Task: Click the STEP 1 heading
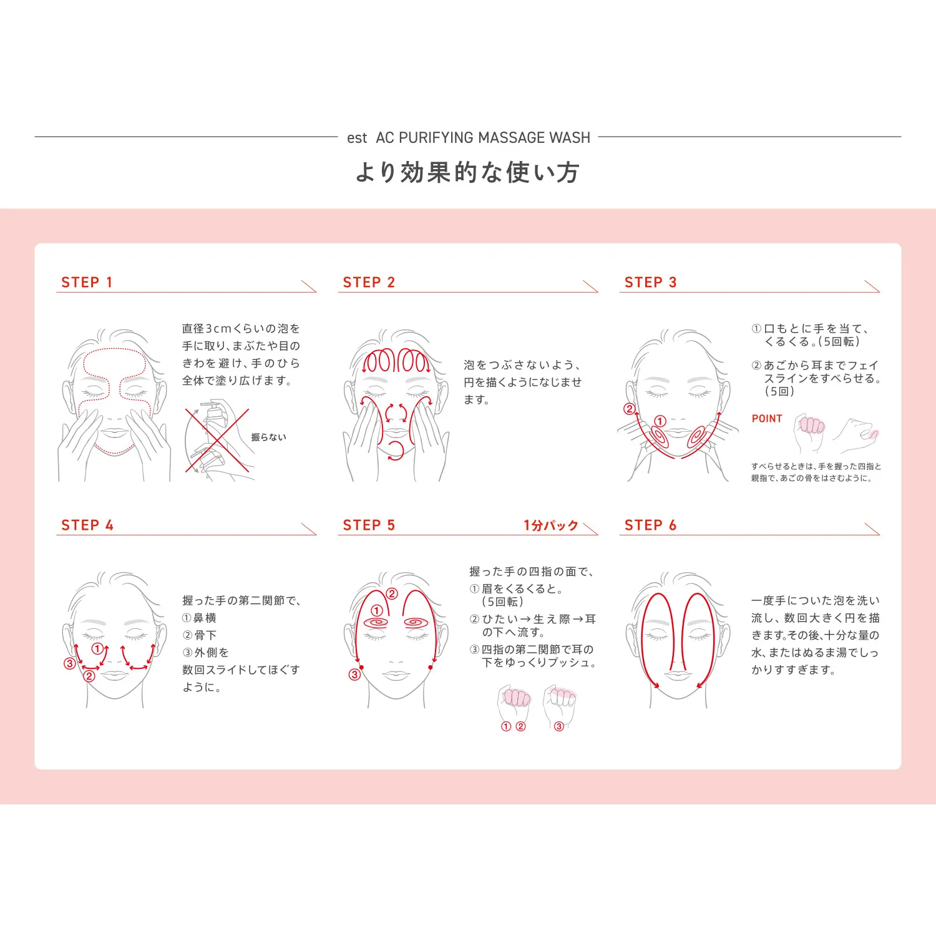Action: pyautogui.click(x=87, y=283)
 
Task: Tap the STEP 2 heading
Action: pyautogui.click(x=369, y=283)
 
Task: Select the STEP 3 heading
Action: pyautogui.click(x=650, y=283)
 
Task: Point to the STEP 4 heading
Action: pyautogui.click(x=87, y=525)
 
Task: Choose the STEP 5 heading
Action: pyautogui.click(x=369, y=525)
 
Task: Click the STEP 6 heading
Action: pyautogui.click(x=650, y=525)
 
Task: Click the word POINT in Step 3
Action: pyautogui.click(x=767, y=419)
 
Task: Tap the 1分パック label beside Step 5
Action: pyautogui.click(x=551, y=525)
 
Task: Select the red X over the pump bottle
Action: pyautogui.click(x=217, y=441)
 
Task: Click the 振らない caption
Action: pyautogui.click(x=269, y=437)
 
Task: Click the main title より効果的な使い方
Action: pyautogui.click(x=468, y=172)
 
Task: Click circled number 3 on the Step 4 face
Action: pyautogui.click(x=70, y=663)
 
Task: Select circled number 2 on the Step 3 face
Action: pyautogui.click(x=630, y=409)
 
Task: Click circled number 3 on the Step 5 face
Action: pyautogui.click(x=354, y=675)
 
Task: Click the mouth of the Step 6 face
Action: pyautogui.click(x=678, y=675)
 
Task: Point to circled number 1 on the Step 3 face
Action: pyautogui.click(x=660, y=421)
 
